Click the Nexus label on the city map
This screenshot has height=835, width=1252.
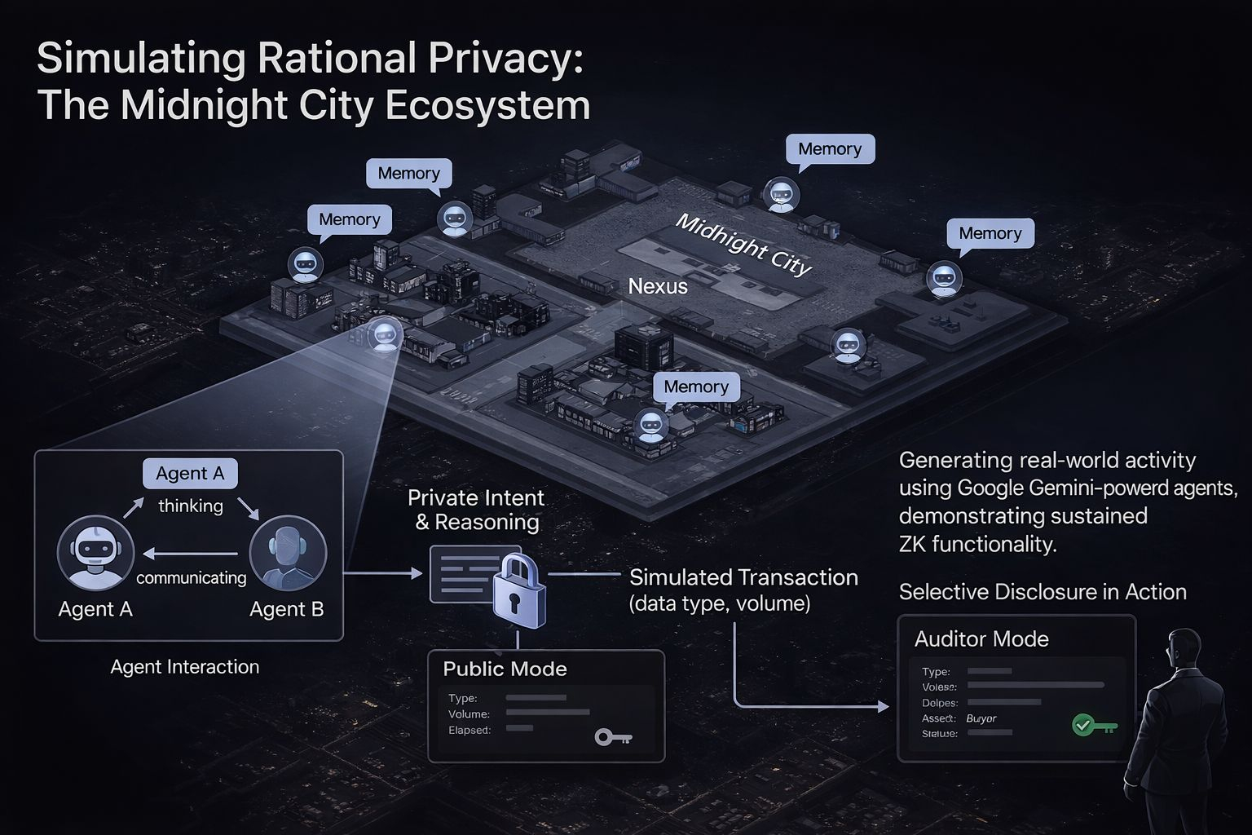pos(658,286)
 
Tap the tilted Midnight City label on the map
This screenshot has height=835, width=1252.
pos(743,245)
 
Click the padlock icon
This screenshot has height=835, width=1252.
pos(518,590)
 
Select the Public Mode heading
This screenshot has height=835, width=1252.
pos(505,669)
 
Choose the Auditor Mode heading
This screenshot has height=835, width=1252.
pos(981,638)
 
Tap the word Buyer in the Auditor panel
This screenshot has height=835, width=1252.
pos(981,718)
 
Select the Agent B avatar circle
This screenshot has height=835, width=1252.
pos(288,553)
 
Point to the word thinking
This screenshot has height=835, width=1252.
pos(191,506)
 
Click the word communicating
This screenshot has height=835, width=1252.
pos(192,577)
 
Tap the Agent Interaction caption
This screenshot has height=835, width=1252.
pos(185,666)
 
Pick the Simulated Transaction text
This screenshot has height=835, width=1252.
pos(743,577)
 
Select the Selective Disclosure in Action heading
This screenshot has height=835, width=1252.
pos(1043,592)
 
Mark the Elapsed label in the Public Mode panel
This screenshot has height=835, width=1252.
pos(469,730)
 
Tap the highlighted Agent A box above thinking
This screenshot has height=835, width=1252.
pos(190,473)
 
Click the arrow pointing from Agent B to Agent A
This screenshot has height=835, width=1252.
pos(190,554)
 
